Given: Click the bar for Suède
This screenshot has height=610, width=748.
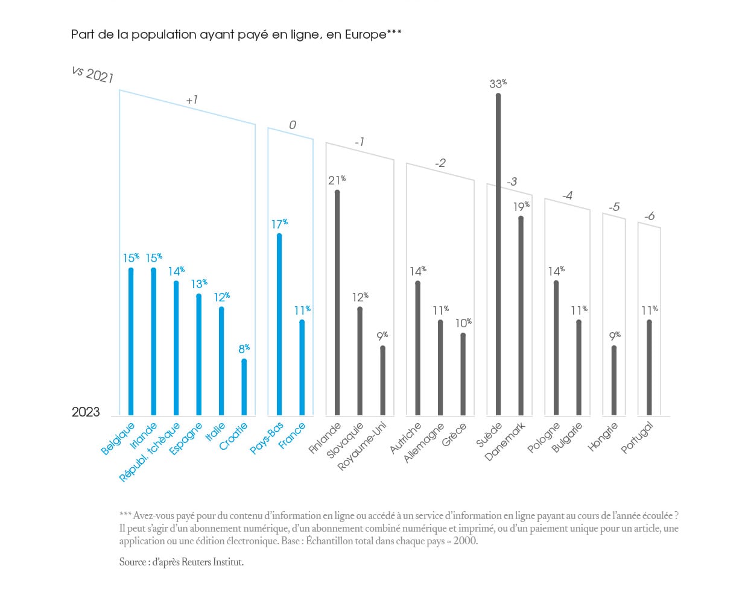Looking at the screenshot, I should click(498, 253).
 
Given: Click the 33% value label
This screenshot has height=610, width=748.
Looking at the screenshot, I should click(498, 83).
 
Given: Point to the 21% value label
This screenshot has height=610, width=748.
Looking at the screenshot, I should click(337, 180).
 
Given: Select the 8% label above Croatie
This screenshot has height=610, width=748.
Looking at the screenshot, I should click(244, 348).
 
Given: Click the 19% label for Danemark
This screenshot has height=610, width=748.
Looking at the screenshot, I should click(521, 206).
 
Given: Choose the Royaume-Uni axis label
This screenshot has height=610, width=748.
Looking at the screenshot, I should click(362, 447).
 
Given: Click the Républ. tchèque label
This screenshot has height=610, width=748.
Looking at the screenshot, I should click(150, 452).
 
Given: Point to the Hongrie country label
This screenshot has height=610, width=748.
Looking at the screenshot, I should click(603, 437).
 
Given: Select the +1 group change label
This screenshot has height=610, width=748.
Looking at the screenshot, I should click(192, 100).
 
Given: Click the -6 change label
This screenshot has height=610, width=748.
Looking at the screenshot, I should click(649, 216).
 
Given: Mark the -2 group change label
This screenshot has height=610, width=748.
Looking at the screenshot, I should click(440, 163).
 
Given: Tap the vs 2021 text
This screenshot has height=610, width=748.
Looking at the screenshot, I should click(92, 74).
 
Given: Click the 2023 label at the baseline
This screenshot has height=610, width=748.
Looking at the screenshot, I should click(86, 412).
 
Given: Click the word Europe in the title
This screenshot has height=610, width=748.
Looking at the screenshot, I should click(366, 34).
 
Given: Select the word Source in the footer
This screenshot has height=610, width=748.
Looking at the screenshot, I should click(133, 562).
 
